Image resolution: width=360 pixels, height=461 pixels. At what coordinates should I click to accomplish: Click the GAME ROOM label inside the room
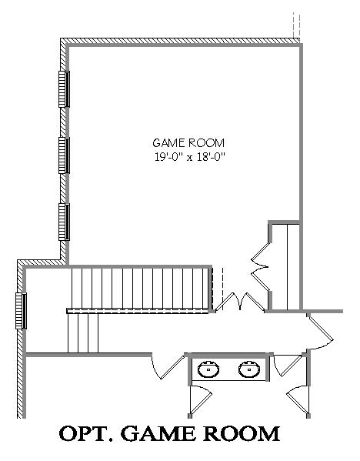coord(188,143)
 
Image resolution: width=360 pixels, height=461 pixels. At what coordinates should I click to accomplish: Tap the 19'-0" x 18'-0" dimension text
coord(189,157)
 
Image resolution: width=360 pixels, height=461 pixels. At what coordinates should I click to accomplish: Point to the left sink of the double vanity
coord(208,369)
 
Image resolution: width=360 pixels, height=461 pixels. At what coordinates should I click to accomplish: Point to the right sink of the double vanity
coord(249,369)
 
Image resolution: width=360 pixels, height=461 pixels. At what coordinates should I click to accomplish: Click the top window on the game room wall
coord(64,89)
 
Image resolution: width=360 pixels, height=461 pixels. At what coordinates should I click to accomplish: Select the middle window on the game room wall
coord(64,155)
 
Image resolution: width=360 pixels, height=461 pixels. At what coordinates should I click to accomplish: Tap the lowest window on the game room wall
coord(64,222)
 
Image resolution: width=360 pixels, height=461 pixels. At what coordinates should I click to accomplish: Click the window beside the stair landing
coord(22,311)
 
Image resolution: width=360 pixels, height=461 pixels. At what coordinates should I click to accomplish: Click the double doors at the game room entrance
coord(241,302)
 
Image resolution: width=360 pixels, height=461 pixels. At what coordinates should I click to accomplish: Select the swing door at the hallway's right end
coord(320,331)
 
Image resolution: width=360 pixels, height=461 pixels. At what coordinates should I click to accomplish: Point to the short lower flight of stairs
coord(83,332)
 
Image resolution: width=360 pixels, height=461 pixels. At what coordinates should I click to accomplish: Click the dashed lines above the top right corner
coord(296,25)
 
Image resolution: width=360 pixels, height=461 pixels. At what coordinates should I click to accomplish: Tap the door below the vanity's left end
coord(201,399)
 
